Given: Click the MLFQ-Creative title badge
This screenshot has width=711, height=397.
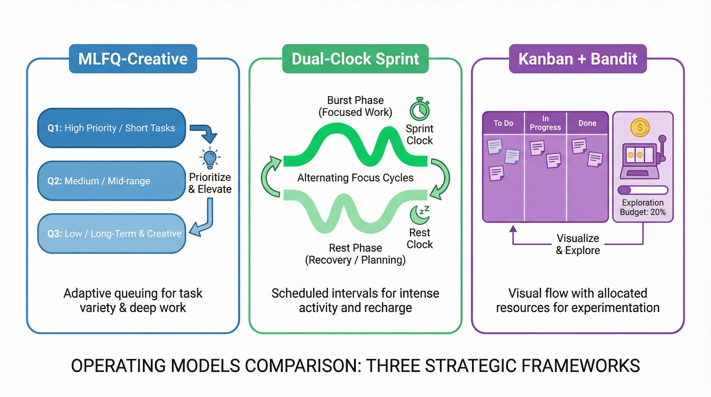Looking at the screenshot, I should point(133,59).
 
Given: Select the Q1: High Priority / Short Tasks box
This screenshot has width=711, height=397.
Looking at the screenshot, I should point(111,128).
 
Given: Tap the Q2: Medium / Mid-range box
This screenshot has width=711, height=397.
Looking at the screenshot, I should point(111,181).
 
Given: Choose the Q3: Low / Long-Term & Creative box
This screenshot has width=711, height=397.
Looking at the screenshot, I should point(111,234).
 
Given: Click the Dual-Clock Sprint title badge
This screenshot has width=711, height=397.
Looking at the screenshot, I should point(355,59).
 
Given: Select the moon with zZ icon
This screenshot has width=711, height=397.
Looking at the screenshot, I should point(419,215).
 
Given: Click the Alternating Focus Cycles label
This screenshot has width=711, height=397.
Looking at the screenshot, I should point(355,178).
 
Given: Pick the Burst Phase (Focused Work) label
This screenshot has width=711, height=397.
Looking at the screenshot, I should point(355,106).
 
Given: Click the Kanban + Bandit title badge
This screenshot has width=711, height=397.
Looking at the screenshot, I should point(578,59).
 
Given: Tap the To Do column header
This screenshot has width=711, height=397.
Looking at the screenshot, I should point(503,123).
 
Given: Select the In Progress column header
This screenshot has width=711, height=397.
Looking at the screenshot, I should point(545,123).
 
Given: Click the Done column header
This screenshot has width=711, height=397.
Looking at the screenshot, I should point(587,123).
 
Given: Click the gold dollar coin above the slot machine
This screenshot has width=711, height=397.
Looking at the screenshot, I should point(640,127).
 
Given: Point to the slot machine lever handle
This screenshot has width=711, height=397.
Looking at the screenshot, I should point(662,139).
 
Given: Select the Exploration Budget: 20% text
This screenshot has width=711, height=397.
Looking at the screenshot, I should point(643,207).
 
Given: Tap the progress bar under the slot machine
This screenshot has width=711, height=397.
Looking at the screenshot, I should point(643,190).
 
